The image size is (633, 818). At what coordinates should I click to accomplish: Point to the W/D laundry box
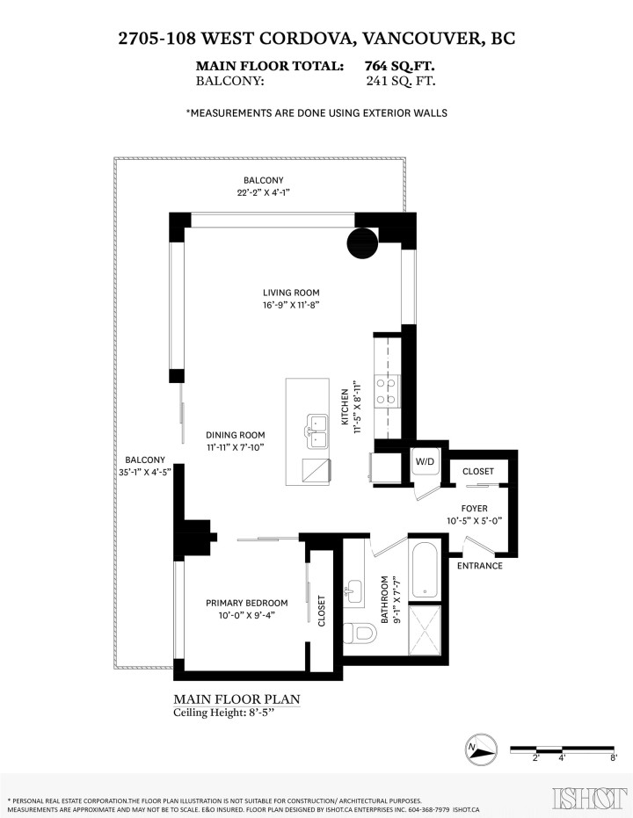425,460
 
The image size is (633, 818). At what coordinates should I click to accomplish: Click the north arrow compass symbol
477,749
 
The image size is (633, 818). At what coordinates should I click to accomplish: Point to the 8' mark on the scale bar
613,756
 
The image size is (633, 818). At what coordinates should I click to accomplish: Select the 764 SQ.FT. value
400,66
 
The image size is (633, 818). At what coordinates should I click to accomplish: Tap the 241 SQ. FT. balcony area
400,81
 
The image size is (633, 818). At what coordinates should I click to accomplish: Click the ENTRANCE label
480,566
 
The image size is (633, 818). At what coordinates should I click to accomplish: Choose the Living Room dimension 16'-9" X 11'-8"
290,305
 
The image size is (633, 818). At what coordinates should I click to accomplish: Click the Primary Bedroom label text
246,602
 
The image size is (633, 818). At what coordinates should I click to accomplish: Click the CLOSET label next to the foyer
478,472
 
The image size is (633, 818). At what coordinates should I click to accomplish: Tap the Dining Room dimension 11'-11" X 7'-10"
235,447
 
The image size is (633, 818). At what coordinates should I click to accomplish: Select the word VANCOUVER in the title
411,38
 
